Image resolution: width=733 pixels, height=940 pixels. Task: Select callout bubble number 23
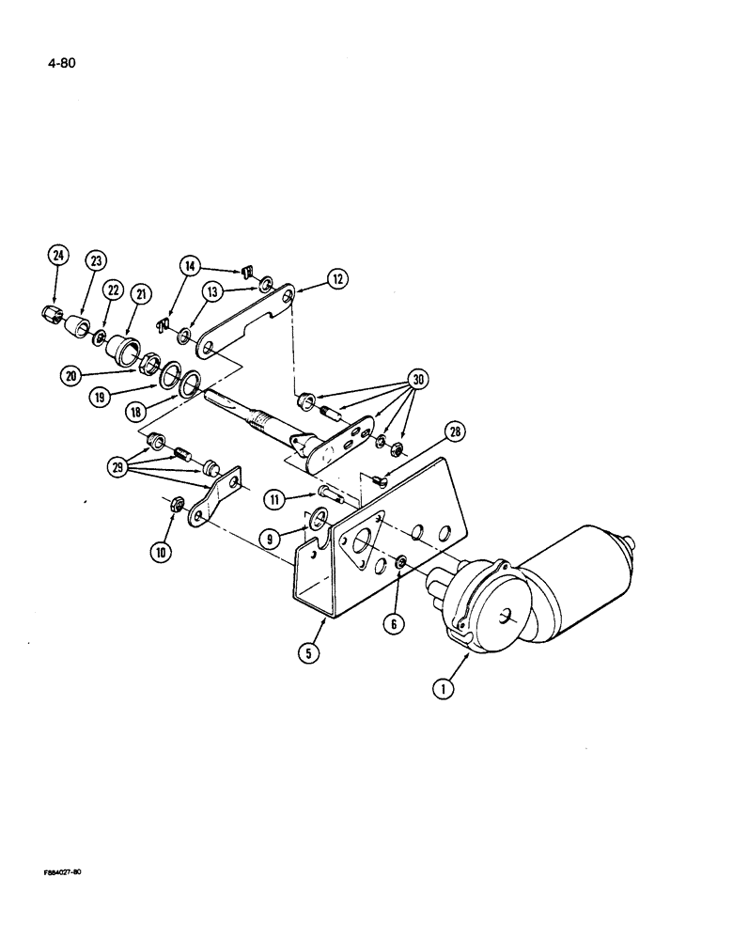[97, 262]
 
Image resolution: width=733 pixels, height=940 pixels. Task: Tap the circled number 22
[115, 291]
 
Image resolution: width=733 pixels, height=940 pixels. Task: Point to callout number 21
[141, 294]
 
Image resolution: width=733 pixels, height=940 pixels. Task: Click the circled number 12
[336, 278]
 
